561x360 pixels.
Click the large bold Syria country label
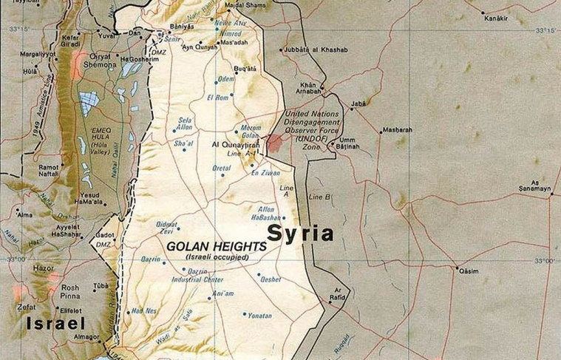click(300, 234)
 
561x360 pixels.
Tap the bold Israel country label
click(55, 323)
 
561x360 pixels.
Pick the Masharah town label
click(397, 131)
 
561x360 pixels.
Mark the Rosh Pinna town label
click(70, 292)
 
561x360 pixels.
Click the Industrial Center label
click(197, 280)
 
